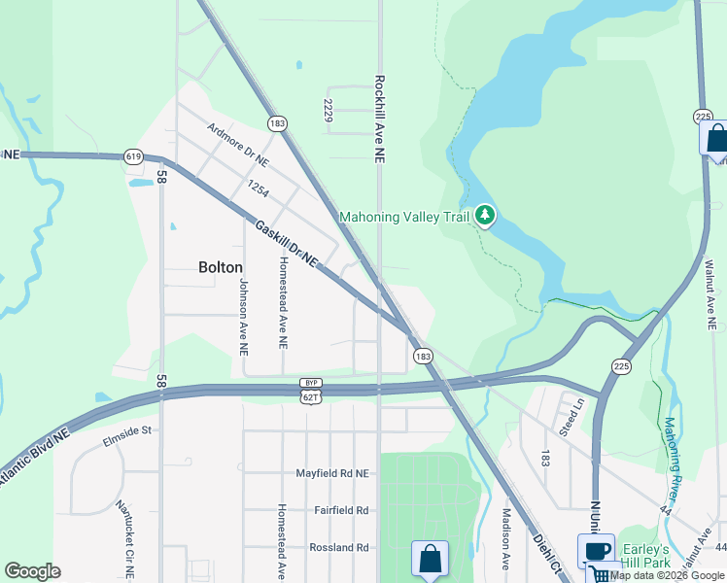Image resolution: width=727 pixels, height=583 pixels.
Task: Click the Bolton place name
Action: coord(220,266)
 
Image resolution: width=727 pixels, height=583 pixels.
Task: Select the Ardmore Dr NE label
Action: coord(237,146)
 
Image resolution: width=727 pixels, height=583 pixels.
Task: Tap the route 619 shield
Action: coord(134,156)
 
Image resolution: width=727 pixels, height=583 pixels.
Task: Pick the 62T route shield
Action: coord(310,397)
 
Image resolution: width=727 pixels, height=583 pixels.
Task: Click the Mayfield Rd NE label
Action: coord(333,473)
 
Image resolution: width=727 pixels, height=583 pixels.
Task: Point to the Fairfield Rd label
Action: coord(341,510)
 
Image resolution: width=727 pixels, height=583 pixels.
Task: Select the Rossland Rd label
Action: coord(339,547)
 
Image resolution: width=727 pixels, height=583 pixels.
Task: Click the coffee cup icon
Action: coord(596,551)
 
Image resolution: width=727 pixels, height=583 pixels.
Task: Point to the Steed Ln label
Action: coord(574,415)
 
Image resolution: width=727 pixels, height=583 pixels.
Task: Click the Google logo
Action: coord(32,571)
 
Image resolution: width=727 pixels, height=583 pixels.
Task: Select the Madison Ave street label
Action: coord(506,538)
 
